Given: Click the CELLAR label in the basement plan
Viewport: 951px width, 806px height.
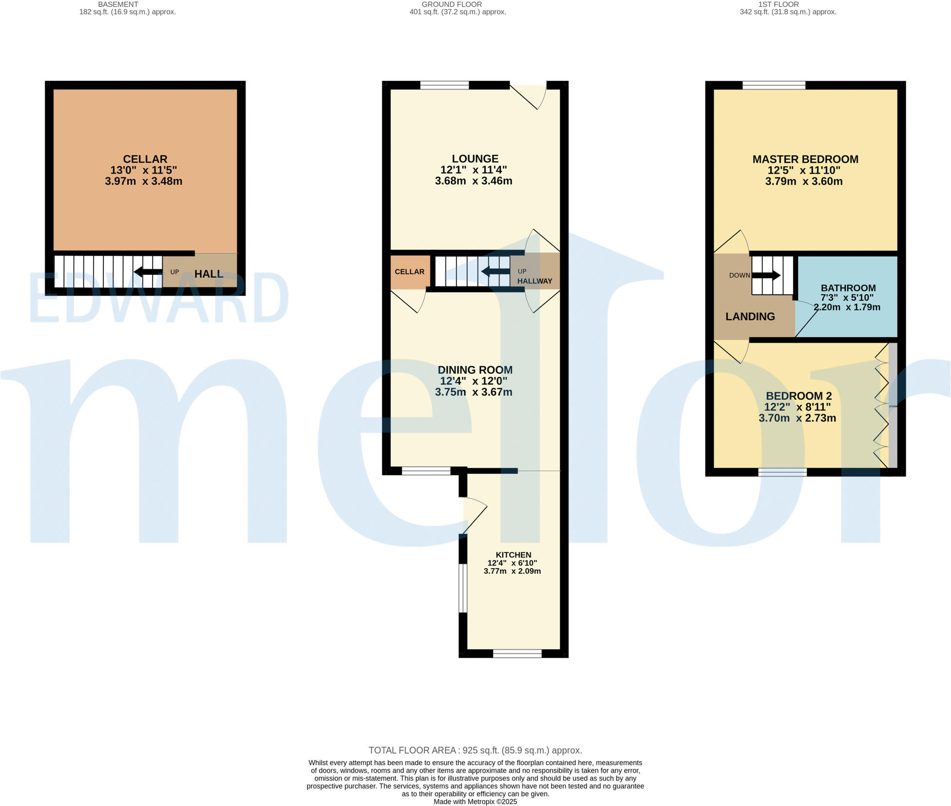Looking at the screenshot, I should [x=145, y=159].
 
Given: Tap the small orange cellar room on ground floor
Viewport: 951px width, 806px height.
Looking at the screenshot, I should [x=409, y=272].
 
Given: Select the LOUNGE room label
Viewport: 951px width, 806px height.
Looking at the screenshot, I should [x=475, y=158].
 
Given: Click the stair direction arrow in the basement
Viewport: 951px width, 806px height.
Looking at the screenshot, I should [x=148, y=272].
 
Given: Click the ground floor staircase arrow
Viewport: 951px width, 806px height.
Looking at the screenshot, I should [x=495, y=271].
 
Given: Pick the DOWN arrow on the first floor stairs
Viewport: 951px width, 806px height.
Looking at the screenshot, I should [x=766, y=275].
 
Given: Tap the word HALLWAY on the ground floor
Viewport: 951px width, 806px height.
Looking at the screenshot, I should [x=534, y=281].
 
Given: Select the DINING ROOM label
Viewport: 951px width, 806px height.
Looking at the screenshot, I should [x=475, y=370].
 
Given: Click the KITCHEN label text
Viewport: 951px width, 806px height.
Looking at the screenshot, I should [x=513, y=555].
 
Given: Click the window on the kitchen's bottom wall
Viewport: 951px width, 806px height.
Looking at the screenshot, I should [x=517, y=653].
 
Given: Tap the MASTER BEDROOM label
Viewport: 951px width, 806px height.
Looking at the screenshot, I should [x=805, y=159].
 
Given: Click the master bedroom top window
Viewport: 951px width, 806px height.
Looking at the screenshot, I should [x=773, y=85].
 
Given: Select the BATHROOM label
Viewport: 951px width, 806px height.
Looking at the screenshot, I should [x=848, y=288].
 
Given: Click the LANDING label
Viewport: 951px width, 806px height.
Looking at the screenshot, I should [x=750, y=317].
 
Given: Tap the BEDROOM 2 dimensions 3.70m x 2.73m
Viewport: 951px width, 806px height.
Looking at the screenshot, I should [x=797, y=418].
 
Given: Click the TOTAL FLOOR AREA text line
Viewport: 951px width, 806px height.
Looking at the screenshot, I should [x=475, y=750].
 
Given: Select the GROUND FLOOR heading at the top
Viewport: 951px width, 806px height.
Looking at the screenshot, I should [x=452, y=4].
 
